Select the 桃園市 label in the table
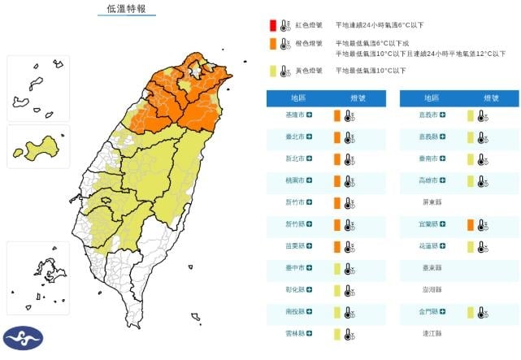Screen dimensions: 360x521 (x=293, y=180)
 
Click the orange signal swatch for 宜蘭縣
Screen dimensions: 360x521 (x=469, y=224)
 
